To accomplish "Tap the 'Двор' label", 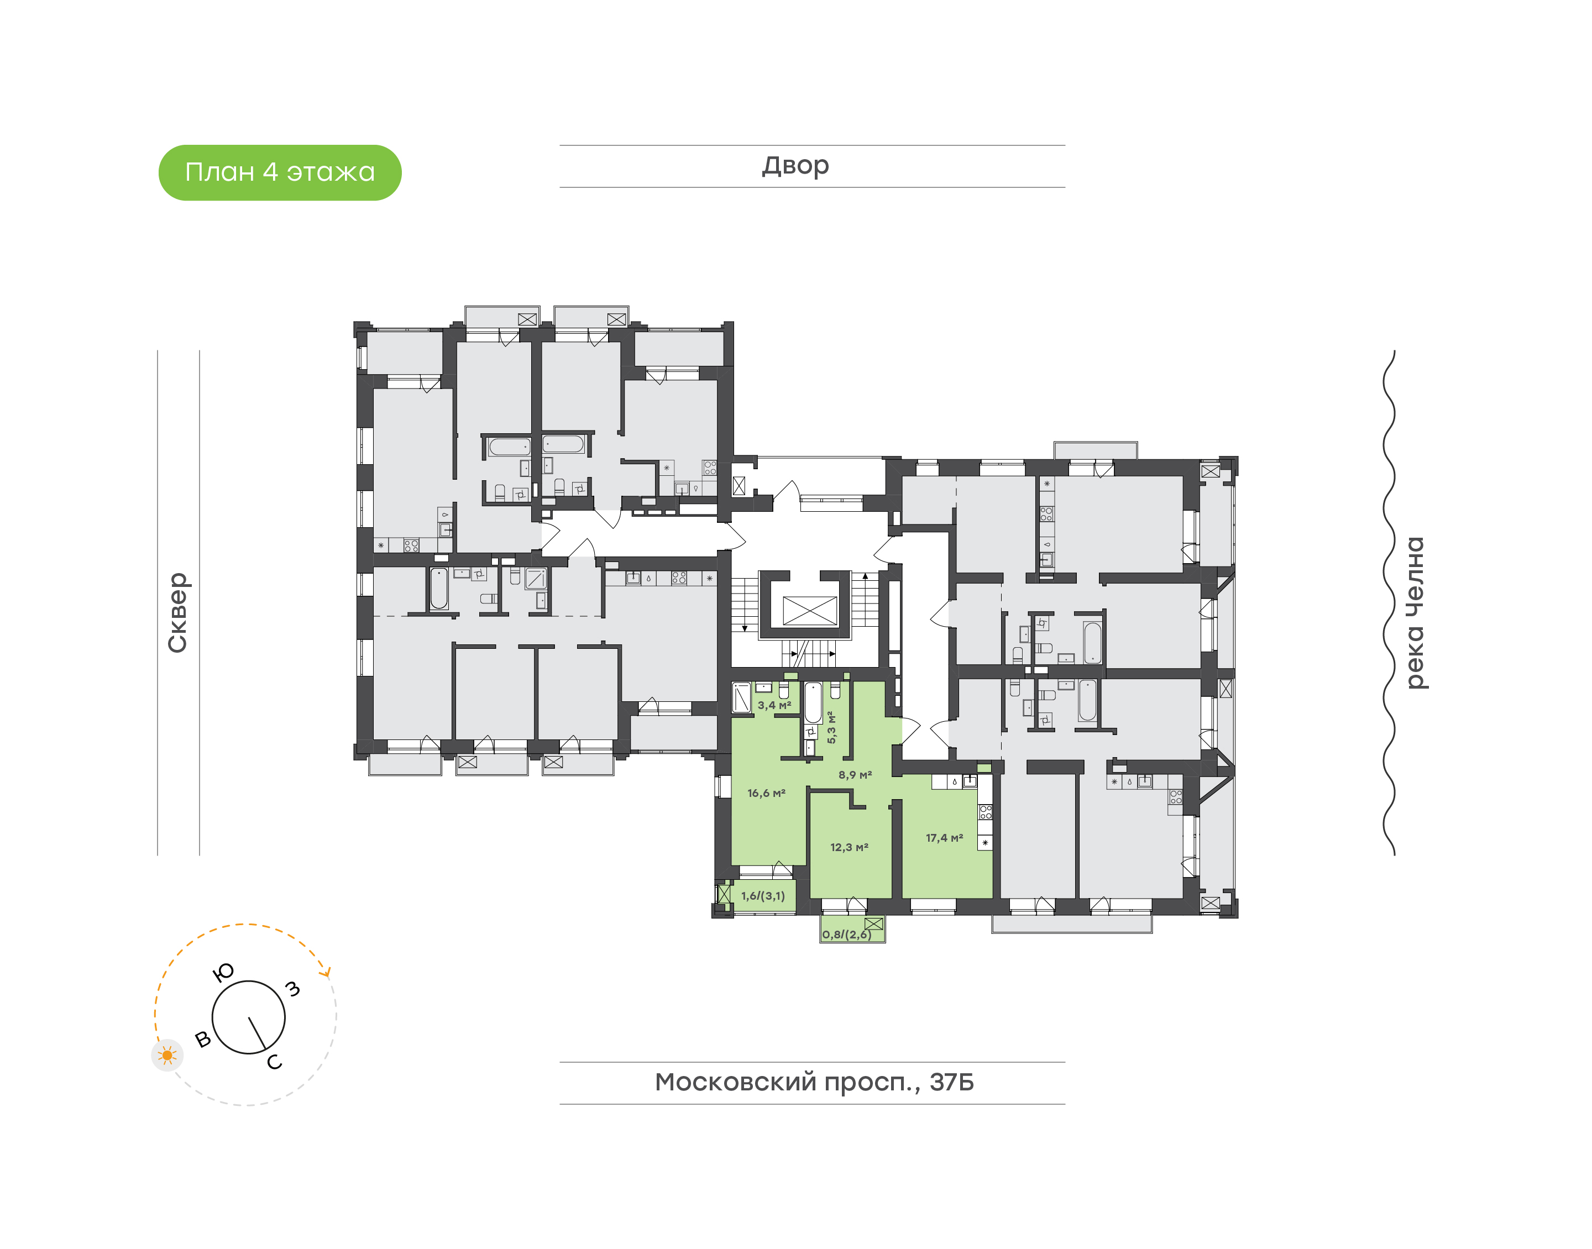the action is click(x=795, y=166).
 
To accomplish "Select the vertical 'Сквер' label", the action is click(x=177, y=612).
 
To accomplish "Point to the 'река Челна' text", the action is click(x=1415, y=613).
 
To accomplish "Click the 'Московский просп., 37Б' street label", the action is click(x=814, y=1082).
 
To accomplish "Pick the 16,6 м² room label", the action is click(x=766, y=793).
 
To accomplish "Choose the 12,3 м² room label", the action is click(x=849, y=847).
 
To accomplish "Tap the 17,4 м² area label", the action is click(x=944, y=837).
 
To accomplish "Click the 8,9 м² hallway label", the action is click(x=855, y=774).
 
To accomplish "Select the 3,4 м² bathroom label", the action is click(x=774, y=705).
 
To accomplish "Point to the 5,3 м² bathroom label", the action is click(x=831, y=727).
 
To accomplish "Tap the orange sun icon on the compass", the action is click(x=167, y=1055).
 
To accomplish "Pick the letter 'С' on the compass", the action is click(x=274, y=1062).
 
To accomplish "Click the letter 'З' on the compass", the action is click(x=292, y=989).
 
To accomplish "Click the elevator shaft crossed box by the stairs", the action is click(x=809, y=611).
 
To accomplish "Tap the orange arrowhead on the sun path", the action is click(x=327, y=972).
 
